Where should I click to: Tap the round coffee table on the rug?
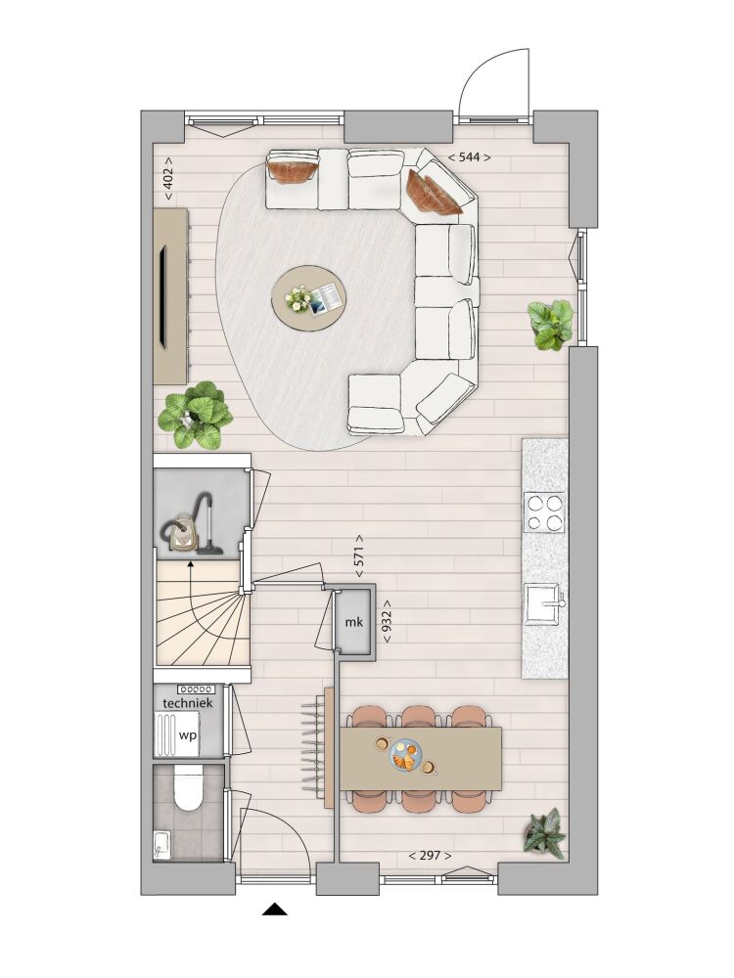(x=309, y=297)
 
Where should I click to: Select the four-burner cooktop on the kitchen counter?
(x=544, y=512)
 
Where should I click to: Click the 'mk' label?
(x=354, y=622)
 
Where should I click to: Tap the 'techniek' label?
(x=187, y=703)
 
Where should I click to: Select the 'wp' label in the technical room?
(x=187, y=735)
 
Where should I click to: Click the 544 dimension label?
(x=470, y=157)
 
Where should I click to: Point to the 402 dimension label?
(x=168, y=178)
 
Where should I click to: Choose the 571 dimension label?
(x=358, y=556)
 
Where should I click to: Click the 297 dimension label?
(x=430, y=856)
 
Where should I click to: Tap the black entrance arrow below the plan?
(x=275, y=910)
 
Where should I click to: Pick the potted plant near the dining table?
(x=545, y=832)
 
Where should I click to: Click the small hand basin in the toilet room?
(x=161, y=844)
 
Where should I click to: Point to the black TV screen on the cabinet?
(x=162, y=295)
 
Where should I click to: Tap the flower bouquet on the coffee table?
(x=298, y=298)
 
